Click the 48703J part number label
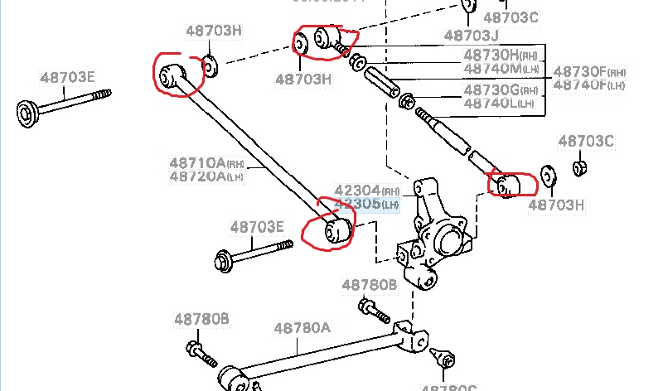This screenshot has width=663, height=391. (472, 36)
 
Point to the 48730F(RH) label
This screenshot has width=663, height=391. (590, 71)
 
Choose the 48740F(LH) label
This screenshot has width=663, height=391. (590, 84)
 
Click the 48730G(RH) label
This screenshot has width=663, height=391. (501, 89)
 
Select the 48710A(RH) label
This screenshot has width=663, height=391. (206, 162)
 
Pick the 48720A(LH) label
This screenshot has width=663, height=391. (205, 176)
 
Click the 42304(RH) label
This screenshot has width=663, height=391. (366, 189)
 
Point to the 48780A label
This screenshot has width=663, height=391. (302, 328)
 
